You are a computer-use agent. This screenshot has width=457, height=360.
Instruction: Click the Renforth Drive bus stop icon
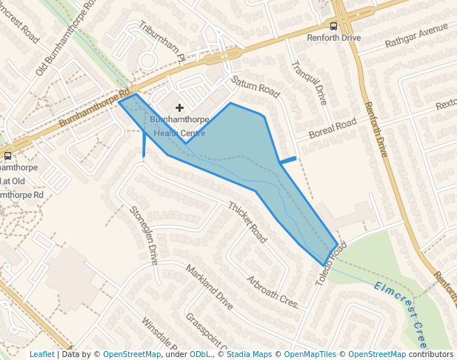pos(333,25)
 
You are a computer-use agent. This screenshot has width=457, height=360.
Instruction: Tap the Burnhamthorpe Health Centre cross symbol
pos(179,108)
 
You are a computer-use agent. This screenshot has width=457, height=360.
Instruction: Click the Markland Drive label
pos(209,287)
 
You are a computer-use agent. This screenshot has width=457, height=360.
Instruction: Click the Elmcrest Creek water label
pos(401,312)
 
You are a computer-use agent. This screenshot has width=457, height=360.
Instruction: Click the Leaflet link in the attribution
pos(41,355)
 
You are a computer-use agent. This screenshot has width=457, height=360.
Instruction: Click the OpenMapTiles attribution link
pos(313,355)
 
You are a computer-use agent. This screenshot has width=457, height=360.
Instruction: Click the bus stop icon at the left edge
pos(7,156)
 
